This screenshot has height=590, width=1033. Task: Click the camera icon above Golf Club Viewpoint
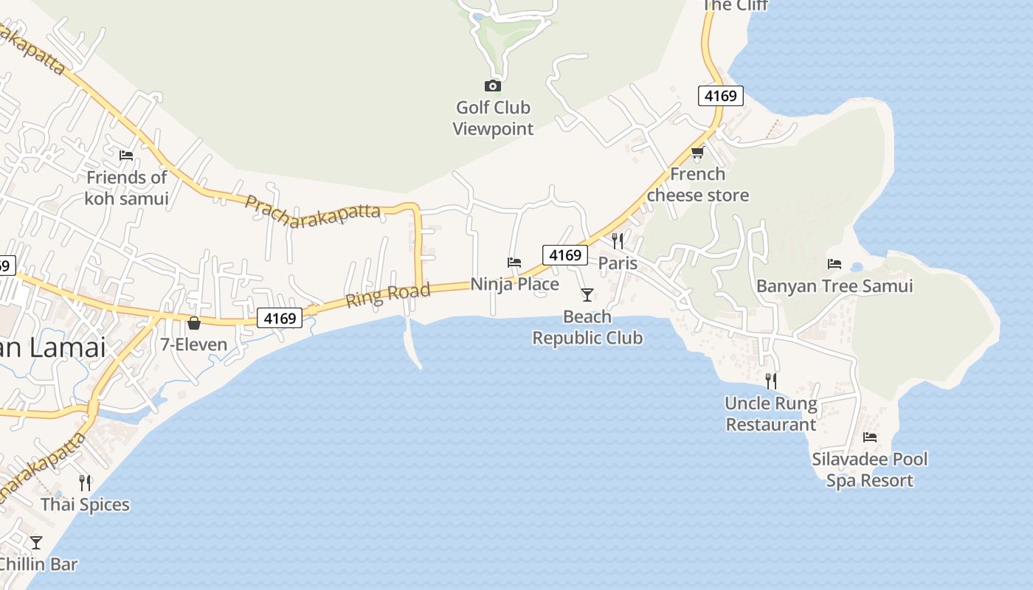coord(492,86)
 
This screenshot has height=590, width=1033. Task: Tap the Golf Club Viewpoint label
coord(493,118)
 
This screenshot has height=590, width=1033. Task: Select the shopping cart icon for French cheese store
coord(697,153)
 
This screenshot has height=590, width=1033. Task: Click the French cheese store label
coord(698,184)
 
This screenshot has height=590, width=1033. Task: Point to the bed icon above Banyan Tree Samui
coord(835,263)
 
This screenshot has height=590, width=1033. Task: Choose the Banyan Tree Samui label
coord(835,286)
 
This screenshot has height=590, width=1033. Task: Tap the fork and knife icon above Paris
coord(618,240)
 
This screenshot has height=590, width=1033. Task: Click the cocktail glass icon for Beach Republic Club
coord(587,295)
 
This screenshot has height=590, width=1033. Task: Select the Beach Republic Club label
coord(587,327)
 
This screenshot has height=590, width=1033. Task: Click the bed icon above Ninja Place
coord(514,262)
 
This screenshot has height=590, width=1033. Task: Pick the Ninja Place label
coord(515,284)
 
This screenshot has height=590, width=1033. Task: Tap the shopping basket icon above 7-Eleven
coord(194,323)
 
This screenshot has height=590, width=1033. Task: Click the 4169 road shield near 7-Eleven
coord(280,318)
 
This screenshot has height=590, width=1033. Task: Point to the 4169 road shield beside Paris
coord(565,255)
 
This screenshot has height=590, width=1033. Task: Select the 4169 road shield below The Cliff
coord(720,95)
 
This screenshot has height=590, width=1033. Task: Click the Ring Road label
coord(388,295)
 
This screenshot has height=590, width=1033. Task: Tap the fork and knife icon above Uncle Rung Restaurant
coord(771,381)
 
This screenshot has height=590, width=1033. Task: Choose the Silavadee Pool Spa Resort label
coord(870,470)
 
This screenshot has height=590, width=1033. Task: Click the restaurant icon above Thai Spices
coord(86,482)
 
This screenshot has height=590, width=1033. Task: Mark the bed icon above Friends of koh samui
coord(126,155)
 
